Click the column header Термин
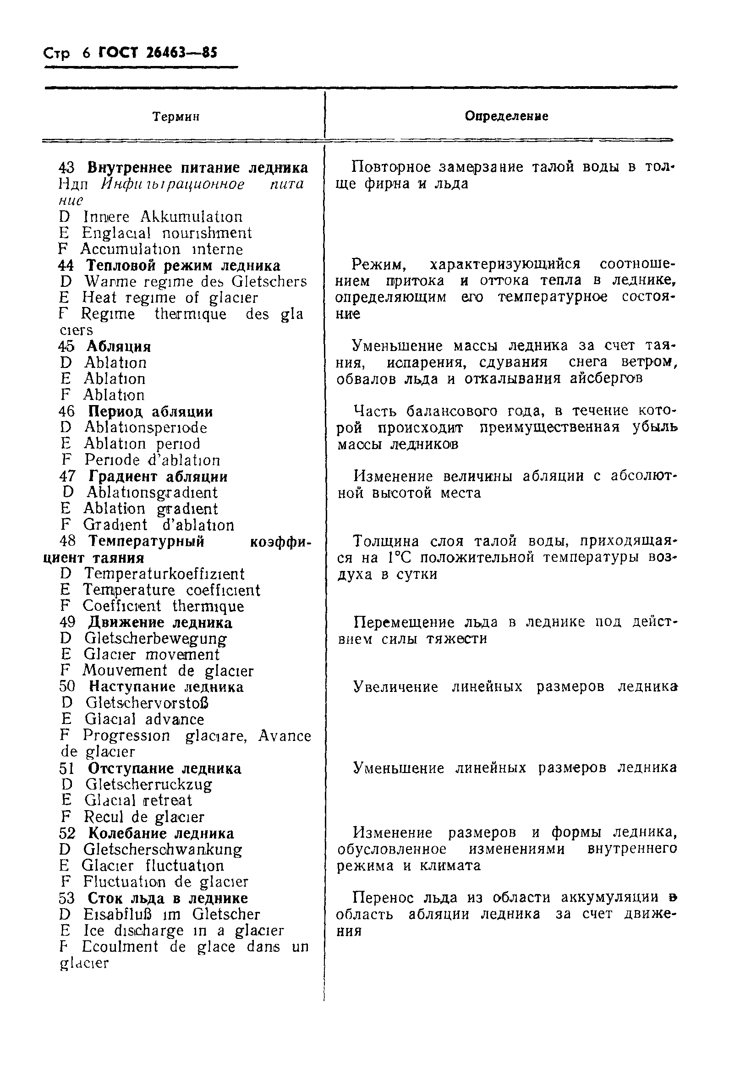coord(176,116)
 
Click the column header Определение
coord(506,116)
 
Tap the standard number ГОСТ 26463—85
coord(158,53)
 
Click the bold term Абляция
coord(119,346)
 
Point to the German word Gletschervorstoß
coord(147,703)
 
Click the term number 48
coord(68,541)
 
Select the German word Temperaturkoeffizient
coord(164,573)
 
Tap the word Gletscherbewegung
coord(156,638)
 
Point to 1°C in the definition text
coord(399,558)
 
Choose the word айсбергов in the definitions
coord(606,378)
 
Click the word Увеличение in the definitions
coord(396,687)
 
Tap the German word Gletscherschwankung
coord(163,849)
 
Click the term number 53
coord(68,898)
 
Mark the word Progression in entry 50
coord(126,735)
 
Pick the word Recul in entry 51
coord(104,817)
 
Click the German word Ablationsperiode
coord(145,427)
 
